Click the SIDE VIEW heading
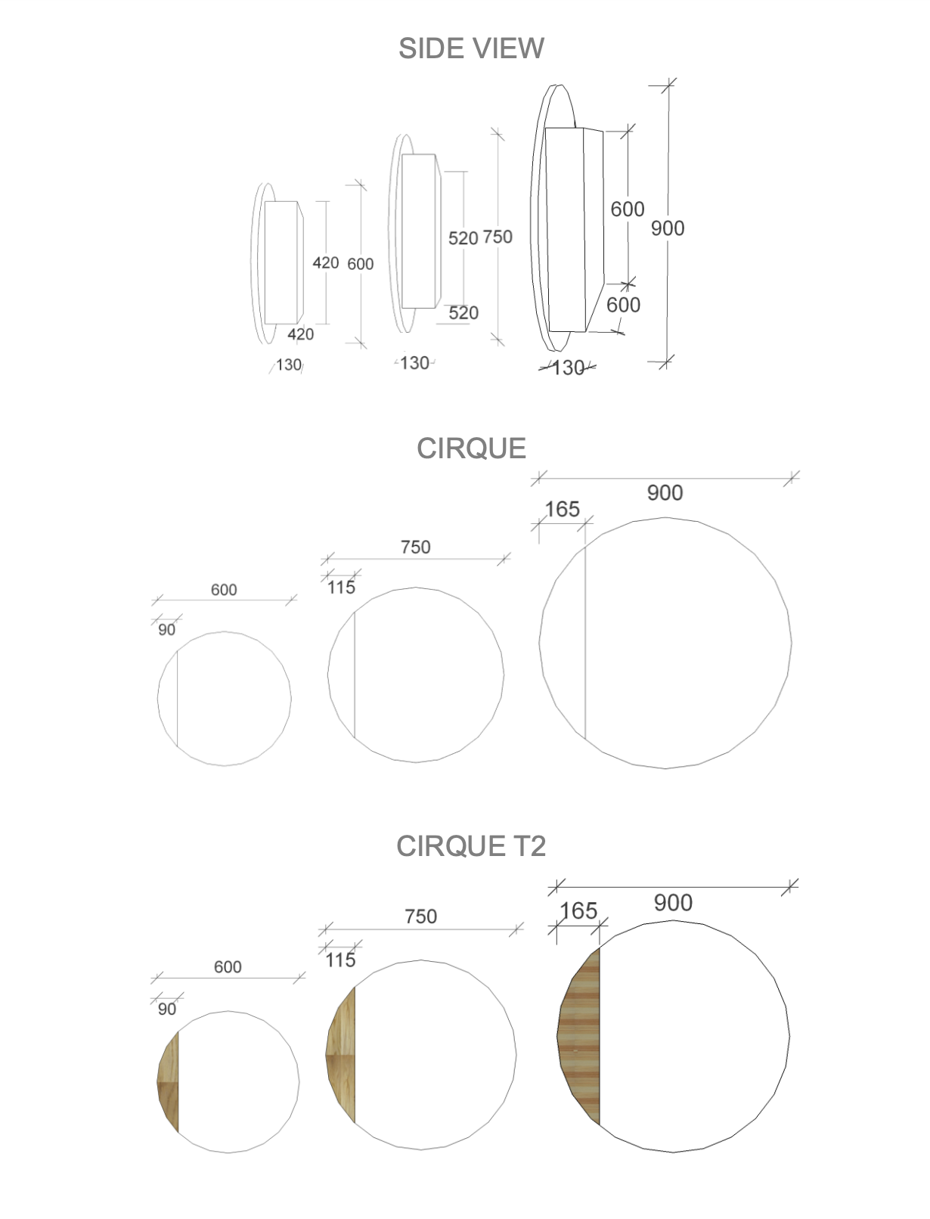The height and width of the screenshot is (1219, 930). pyautogui.click(x=470, y=48)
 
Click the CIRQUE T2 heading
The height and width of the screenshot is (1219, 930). pyautogui.click(x=470, y=845)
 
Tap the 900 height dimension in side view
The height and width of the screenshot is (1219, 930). pyautogui.click(x=668, y=228)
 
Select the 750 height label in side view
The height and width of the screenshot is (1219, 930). pyautogui.click(x=498, y=237)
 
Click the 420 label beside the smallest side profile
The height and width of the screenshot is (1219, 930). pyautogui.click(x=325, y=262)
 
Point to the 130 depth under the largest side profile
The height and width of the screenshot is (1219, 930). pyautogui.click(x=568, y=368)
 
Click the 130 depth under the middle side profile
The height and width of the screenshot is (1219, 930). pyautogui.click(x=414, y=363)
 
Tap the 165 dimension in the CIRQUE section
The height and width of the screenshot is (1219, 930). pyautogui.click(x=562, y=509)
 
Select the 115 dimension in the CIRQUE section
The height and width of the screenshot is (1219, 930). pyautogui.click(x=341, y=587)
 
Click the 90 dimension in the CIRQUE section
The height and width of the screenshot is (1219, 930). pyautogui.click(x=166, y=629)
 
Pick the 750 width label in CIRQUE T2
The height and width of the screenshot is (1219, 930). pyautogui.click(x=420, y=917)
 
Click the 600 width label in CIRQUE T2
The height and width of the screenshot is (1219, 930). pyautogui.click(x=228, y=966)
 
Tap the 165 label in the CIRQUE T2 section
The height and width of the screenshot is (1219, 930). pyautogui.click(x=578, y=910)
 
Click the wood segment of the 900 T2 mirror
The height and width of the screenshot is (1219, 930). pyautogui.click(x=581, y=1036)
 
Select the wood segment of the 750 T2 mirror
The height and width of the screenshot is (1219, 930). pyautogui.click(x=343, y=1055)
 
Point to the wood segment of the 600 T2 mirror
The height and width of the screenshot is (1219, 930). pyautogui.click(x=170, y=1081)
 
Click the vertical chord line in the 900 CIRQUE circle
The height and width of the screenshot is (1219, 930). pyautogui.click(x=585, y=643)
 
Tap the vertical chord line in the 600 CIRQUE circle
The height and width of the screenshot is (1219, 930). pyautogui.click(x=177, y=699)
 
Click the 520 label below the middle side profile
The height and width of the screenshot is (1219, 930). pyautogui.click(x=463, y=313)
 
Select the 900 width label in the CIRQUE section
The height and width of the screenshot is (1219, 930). pyautogui.click(x=665, y=493)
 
